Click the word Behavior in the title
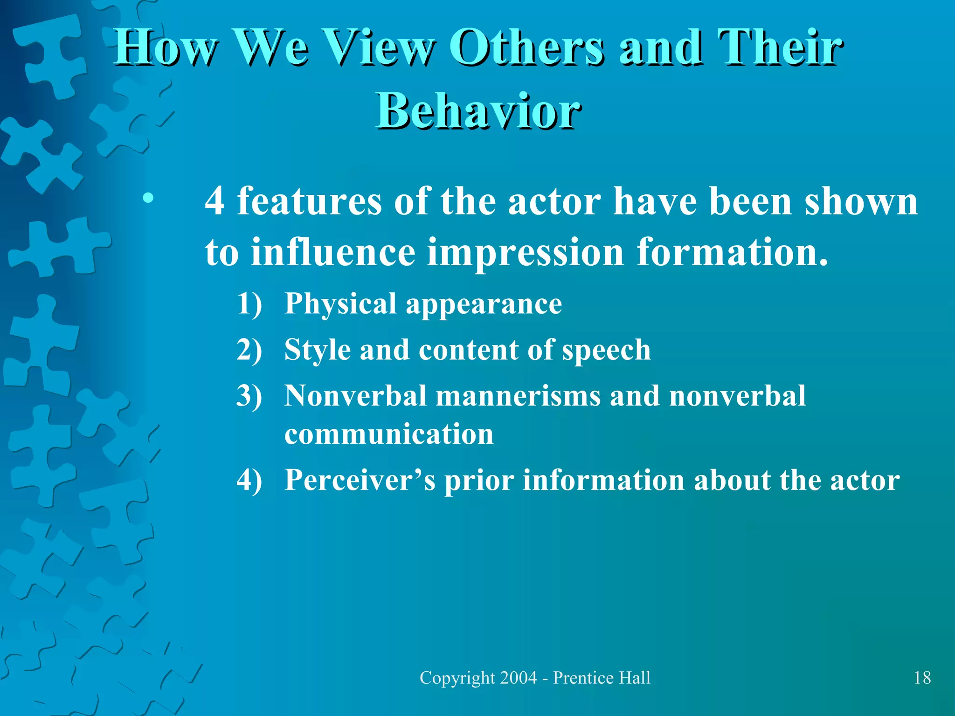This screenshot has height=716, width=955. [x=478, y=111]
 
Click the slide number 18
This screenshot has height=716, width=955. [x=922, y=677]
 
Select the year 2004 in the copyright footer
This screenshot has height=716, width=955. [x=518, y=677]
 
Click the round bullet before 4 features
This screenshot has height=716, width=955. [x=148, y=199]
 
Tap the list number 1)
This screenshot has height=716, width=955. [x=249, y=303]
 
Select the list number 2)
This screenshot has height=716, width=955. [x=249, y=350]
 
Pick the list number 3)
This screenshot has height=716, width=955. [x=249, y=396]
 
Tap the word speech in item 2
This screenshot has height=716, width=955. [x=606, y=351]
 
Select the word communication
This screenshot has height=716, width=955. [x=389, y=434]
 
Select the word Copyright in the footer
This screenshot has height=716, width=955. [x=457, y=678]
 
